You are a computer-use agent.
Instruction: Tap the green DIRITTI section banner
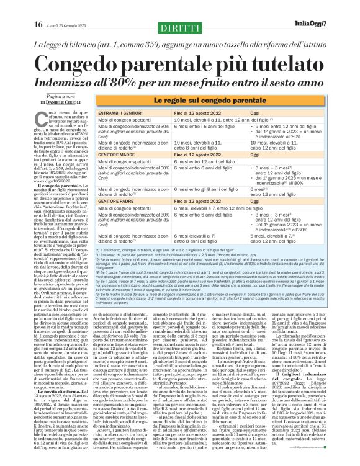click(x=179, y=27)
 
